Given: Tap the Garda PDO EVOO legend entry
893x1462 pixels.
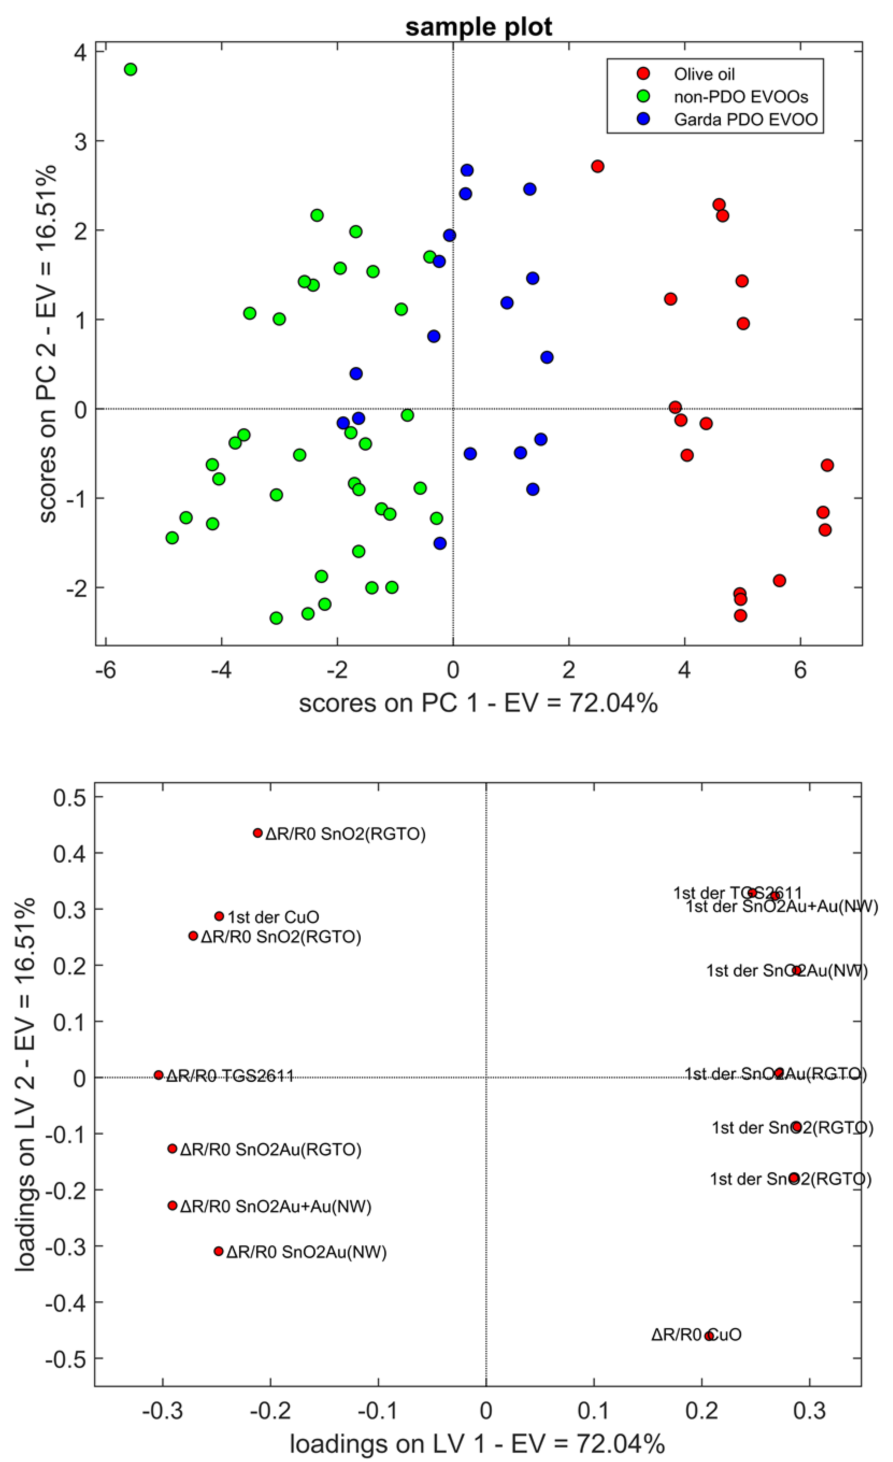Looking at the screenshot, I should [745, 119].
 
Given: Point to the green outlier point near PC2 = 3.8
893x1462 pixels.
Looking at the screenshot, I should [131, 69].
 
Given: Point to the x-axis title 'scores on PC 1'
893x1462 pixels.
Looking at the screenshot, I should [478, 703].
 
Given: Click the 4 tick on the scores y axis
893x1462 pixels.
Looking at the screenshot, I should [80, 52].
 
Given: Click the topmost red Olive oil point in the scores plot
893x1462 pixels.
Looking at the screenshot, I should [597, 166].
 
